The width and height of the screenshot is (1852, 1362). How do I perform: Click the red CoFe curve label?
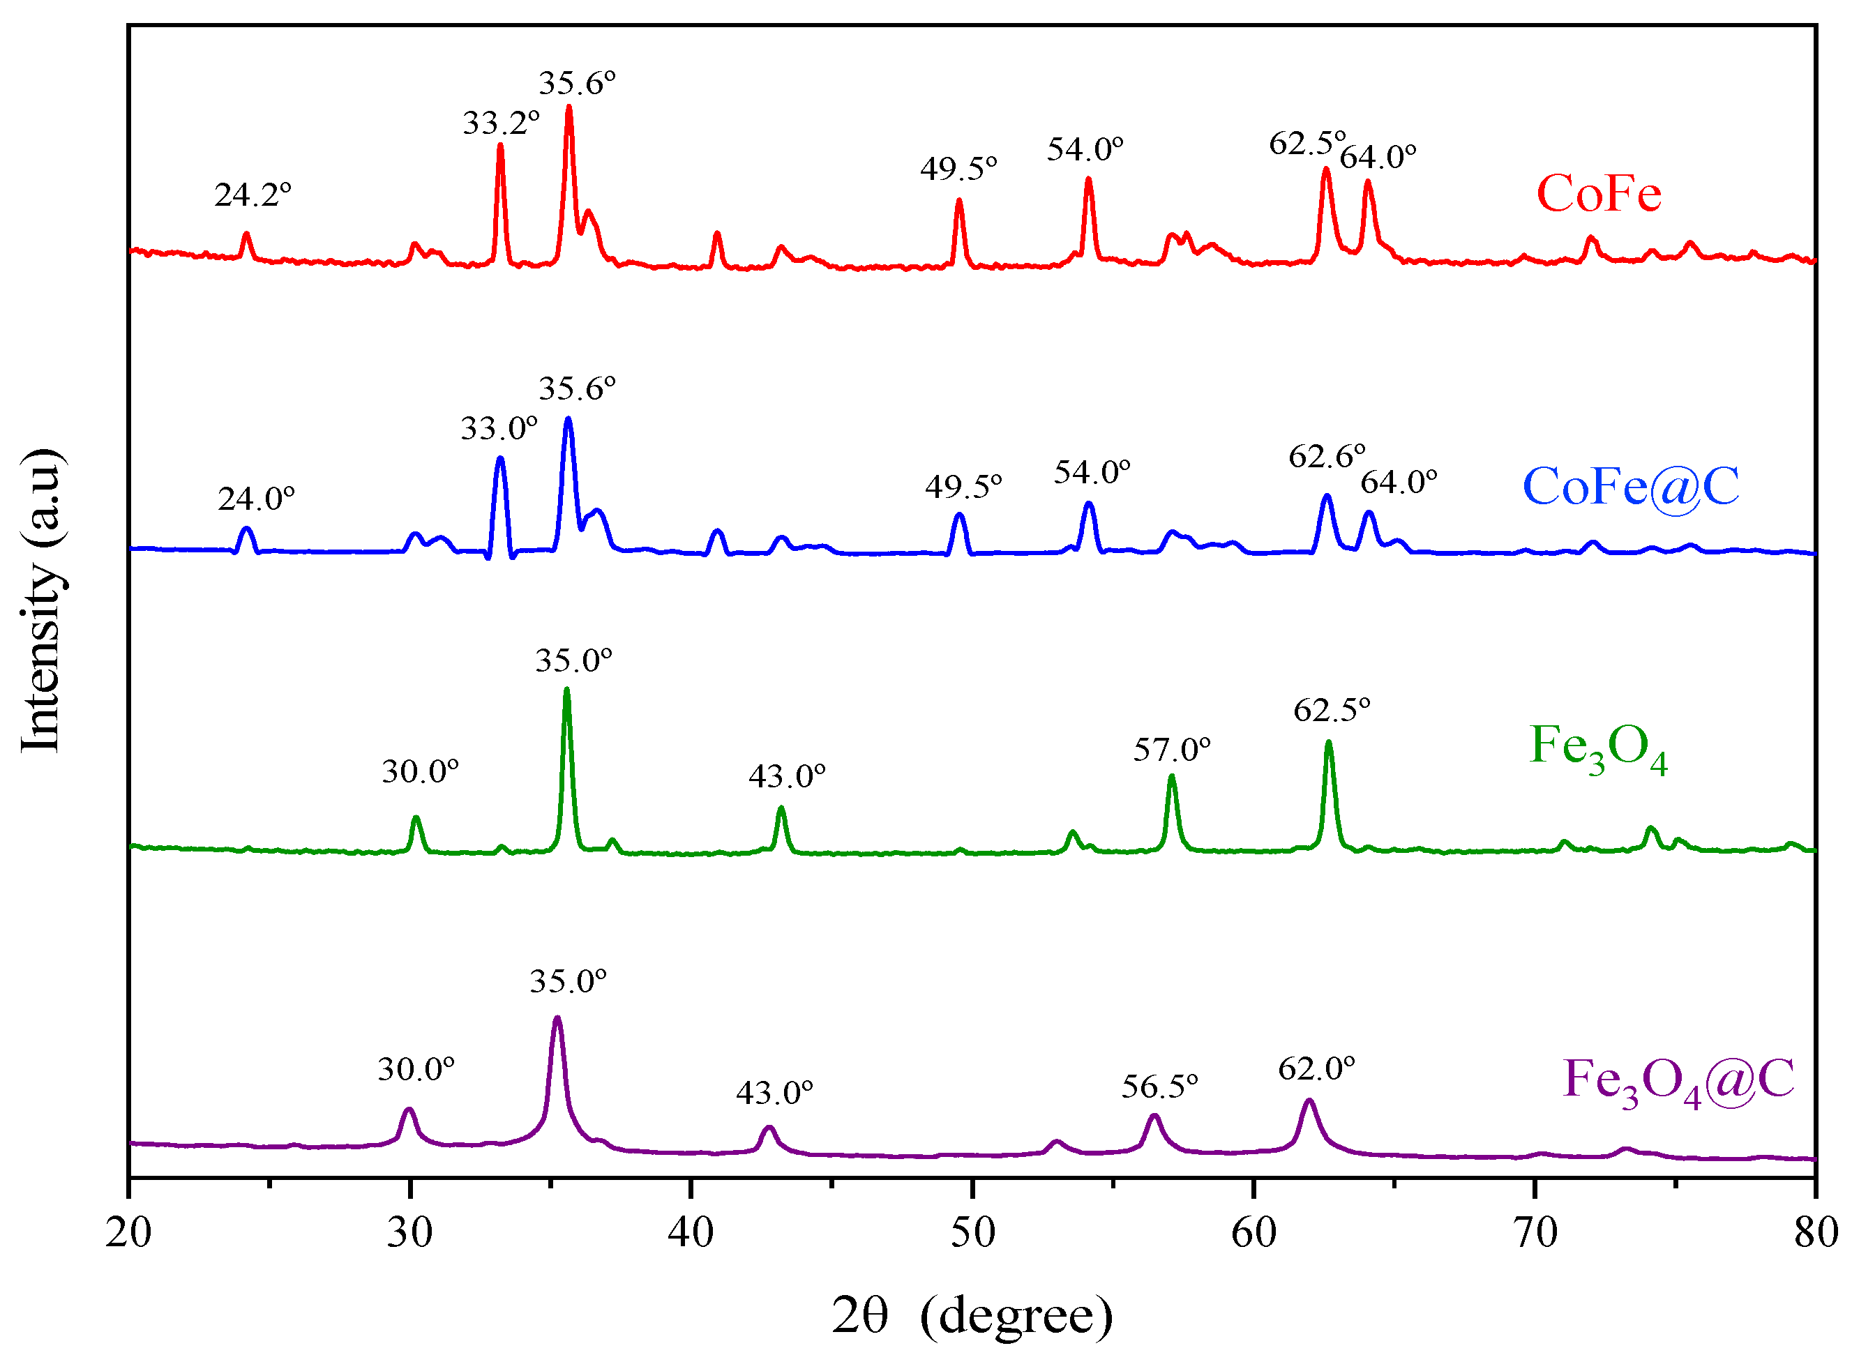point(1598,195)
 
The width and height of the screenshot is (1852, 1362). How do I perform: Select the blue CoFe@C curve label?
point(1630,487)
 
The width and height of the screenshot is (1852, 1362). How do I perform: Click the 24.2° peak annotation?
point(253,195)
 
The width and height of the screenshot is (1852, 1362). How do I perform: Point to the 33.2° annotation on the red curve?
point(501,123)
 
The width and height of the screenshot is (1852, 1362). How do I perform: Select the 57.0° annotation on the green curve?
point(1172,750)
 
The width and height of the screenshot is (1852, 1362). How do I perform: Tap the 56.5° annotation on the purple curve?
point(1159,1087)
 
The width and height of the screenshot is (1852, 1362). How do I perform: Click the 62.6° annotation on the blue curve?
point(1327,457)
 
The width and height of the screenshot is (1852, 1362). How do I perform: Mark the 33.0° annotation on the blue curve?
point(498,430)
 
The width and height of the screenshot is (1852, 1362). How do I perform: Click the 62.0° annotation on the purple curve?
point(1316,1069)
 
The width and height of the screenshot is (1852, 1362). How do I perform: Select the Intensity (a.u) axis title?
point(40,601)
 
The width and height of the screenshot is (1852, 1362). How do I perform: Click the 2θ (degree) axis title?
point(972,1316)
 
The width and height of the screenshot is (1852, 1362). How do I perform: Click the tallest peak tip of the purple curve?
point(557,1018)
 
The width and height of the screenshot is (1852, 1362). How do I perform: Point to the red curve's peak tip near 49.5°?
point(959,200)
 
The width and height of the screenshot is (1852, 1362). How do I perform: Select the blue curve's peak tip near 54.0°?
point(1088,503)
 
